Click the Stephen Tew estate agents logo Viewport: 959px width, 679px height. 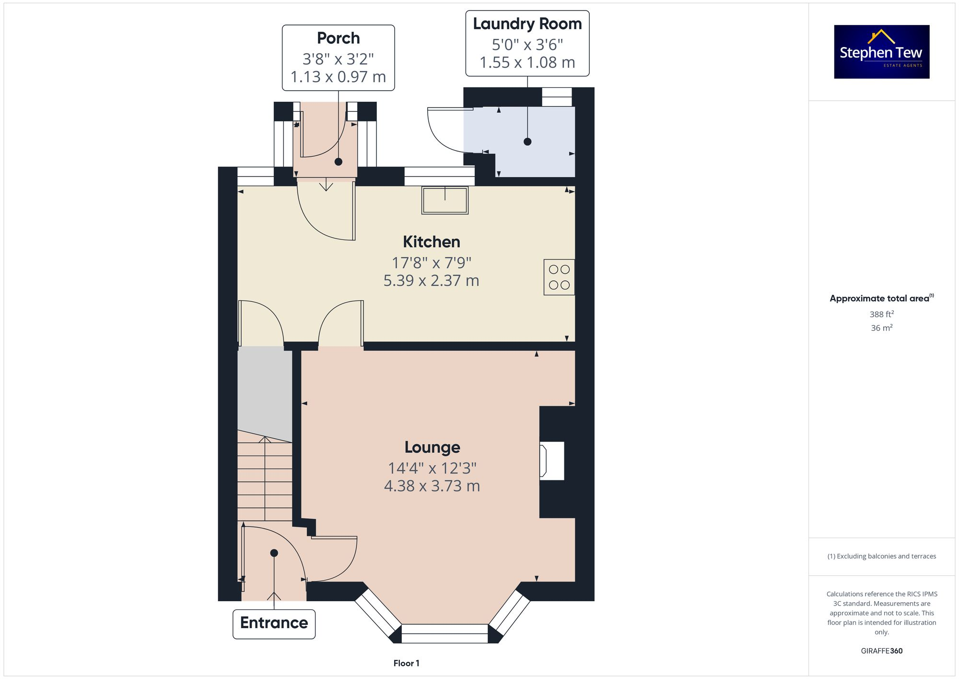(881, 52)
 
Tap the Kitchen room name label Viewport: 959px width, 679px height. (431, 242)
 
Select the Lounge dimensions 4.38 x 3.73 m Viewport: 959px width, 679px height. (432, 486)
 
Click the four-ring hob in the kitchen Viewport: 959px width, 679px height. (559, 277)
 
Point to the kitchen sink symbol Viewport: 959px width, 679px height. (444, 200)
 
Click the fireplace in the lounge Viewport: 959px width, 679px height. (552, 461)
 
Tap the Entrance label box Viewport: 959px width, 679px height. (274, 623)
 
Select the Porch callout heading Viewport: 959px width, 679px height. (338, 38)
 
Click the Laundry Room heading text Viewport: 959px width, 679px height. (527, 24)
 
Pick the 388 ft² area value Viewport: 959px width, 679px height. (881, 314)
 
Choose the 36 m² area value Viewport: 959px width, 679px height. (881, 328)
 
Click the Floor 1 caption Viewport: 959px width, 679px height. (406, 663)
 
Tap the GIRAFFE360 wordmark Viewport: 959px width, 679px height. (881, 651)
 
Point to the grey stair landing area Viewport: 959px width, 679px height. (264, 389)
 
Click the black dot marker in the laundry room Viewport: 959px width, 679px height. (527, 142)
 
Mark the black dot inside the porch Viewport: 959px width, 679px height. (339, 162)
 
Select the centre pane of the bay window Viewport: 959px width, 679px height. (444, 633)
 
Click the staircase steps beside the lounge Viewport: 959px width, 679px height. (264, 480)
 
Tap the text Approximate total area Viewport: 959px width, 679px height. (879, 298)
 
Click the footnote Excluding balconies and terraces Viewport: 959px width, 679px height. (881, 556)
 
